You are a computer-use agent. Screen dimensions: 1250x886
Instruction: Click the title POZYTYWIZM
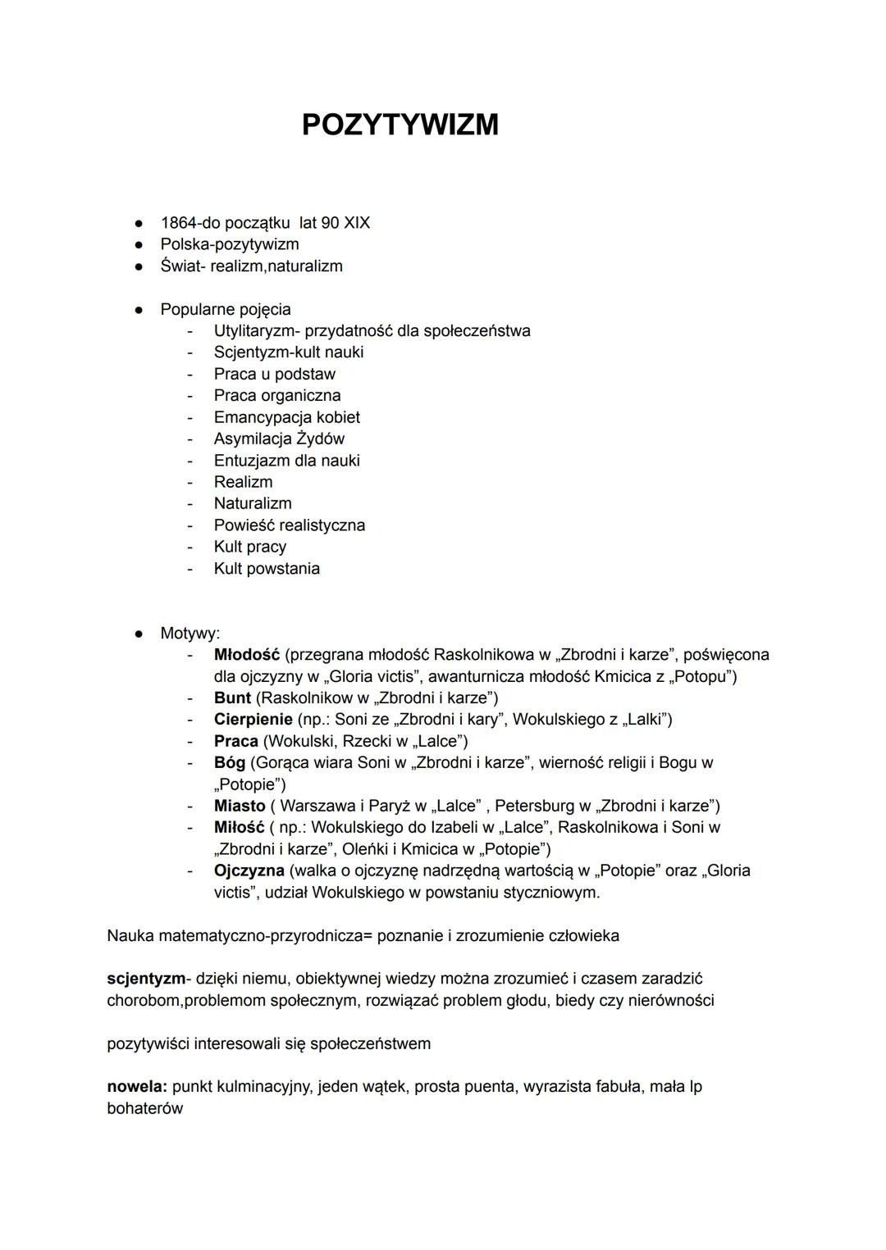[400, 125]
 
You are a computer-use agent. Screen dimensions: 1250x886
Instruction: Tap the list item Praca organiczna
[277, 395]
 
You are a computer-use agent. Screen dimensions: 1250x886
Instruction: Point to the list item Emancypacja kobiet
[286, 417]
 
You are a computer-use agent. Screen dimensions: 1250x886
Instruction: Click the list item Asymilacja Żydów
[279, 439]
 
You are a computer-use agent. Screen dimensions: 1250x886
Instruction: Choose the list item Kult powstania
[267, 568]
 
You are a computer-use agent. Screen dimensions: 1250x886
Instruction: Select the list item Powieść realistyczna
[289, 525]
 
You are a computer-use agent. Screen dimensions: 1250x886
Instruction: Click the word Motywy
[189, 633]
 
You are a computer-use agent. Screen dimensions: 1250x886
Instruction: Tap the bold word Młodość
[246, 654]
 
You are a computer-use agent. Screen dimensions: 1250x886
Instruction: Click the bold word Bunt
[232, 698]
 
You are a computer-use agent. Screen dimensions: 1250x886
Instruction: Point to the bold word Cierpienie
[253, 719]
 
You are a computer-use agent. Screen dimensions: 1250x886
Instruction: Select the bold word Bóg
[229, 762]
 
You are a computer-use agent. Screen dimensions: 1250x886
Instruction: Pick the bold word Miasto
[240, 806]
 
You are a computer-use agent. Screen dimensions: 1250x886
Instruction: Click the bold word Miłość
[239, 827]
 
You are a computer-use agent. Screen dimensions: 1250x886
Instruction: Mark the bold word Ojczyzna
[249, 870]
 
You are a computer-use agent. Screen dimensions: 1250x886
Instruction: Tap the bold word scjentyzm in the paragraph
[145, 979]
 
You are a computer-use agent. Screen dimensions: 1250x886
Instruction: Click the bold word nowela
[136, 1087]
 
